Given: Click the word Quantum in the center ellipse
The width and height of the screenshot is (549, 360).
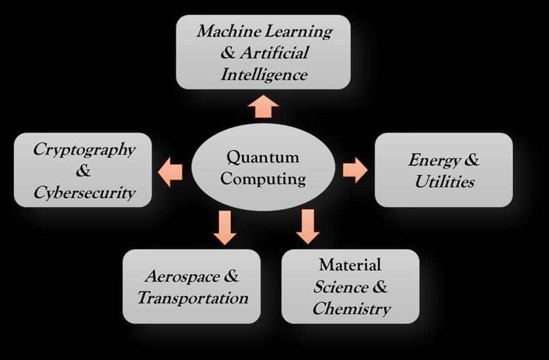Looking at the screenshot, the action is click(262, 157).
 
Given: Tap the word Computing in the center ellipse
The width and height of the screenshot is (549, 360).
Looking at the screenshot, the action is click(262, 178).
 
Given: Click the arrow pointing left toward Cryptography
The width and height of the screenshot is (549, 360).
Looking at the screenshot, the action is click(171, 172).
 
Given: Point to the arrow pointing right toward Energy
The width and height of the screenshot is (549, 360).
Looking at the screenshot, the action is click(356, 170).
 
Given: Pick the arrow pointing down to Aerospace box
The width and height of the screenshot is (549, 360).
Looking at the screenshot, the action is click(225, 227).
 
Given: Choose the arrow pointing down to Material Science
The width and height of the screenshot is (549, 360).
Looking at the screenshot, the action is click(307, 226).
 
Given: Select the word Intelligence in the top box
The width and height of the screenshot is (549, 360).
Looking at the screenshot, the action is click(264, 74).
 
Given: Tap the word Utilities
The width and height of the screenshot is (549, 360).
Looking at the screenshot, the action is click(444, 182).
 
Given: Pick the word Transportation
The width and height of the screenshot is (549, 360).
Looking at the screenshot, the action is click(192, 298).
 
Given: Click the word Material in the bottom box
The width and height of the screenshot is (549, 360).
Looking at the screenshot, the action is click(350, 265).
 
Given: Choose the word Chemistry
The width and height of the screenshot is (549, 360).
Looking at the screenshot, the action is click(351, 308).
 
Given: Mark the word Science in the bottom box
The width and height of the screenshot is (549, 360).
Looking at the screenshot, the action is click(340, 287).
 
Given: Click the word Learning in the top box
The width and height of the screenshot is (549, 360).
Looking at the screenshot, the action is click(302, 31).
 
